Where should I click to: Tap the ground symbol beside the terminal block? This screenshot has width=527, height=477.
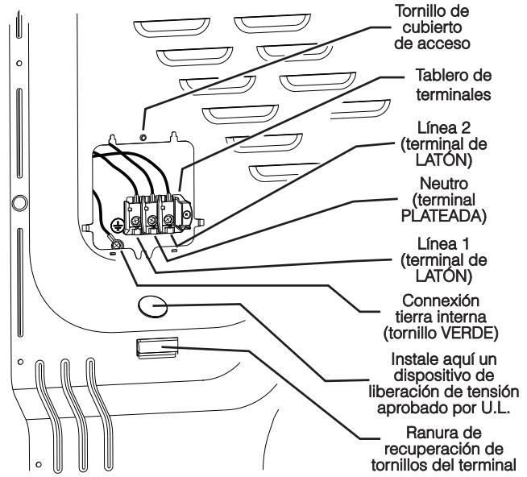pyautogui.click(x=116, y=227)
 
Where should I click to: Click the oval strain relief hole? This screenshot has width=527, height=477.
pyautogui.click(x=153, y=305)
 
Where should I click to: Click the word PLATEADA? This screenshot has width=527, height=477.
pyautogui.click(x=447, y=215)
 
